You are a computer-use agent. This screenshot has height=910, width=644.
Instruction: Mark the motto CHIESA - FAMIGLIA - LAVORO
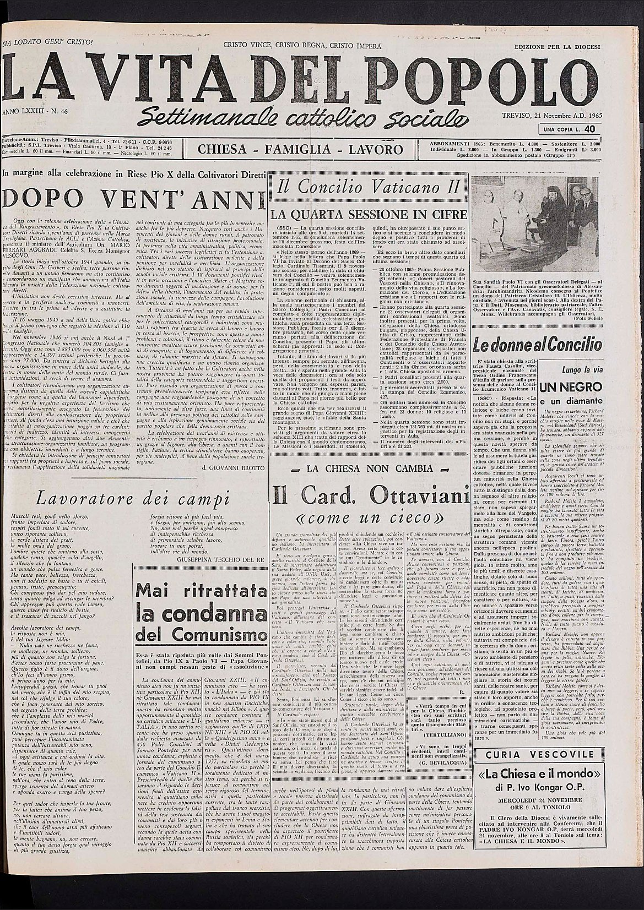[300, 149]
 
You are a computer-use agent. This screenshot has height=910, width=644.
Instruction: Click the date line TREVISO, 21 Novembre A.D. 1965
[551, 115]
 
